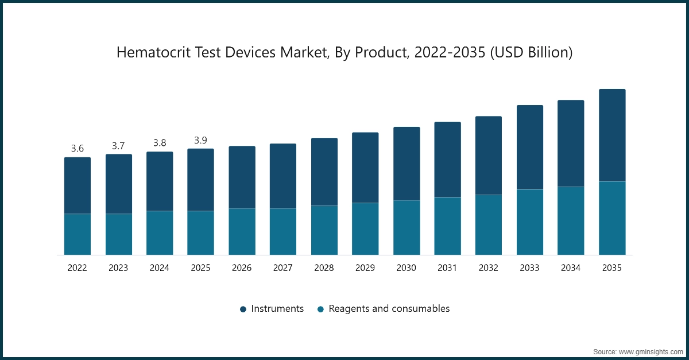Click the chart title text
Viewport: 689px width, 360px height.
click(344, 53)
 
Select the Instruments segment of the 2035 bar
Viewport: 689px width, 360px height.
click(612, 135)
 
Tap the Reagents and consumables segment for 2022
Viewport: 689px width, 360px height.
click(77, 234)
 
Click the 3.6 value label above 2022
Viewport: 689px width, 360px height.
click(77, 148)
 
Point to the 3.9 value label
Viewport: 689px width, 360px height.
click(200, 140)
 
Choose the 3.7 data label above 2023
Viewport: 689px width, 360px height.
click(118, 146)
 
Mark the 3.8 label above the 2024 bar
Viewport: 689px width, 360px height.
click(160, 143)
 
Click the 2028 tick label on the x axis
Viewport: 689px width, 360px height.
click(324, 268)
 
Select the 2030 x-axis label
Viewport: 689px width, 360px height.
click(407, 268)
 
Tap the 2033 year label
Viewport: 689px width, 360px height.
click(530, 268)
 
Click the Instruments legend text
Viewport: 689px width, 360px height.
click(277, 309)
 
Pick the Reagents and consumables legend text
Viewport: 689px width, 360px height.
click(389, 309)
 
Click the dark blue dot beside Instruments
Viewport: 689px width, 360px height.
click(243, 309)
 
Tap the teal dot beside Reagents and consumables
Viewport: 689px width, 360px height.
click(320, 309)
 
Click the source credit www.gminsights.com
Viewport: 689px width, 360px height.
click(637, 351)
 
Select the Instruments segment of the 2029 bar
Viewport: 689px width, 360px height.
click(365, 168)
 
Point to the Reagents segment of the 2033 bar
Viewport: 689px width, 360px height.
click(530, 222)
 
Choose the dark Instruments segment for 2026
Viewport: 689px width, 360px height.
click(242, 177)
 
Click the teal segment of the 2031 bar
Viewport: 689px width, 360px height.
click(447, 226)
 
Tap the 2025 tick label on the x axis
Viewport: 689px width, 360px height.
click(200, 268)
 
